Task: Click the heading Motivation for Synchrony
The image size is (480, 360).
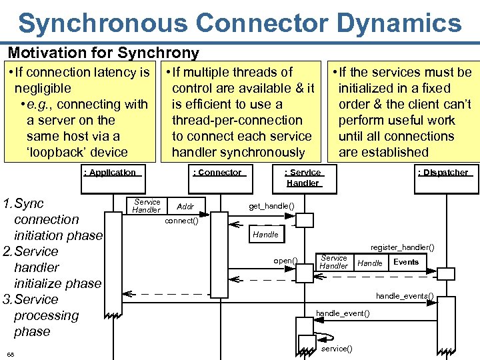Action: coord(103,53)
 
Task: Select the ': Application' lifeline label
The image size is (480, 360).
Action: coord(109,173)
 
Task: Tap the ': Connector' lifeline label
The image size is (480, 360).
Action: coord(217,173)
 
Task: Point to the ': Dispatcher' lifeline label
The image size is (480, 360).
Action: coord(443,173)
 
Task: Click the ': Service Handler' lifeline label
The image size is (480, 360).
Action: coord(303,177)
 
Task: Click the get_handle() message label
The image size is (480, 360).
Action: coord(271,206)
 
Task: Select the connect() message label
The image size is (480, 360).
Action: coord(181,221)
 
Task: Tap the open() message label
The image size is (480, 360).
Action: coord(285,260)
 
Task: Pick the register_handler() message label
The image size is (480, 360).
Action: coord(402,247)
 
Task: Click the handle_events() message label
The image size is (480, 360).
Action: coord(405,295)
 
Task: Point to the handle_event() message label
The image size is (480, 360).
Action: coord(343,313)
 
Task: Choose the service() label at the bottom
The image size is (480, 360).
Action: coord(337,349)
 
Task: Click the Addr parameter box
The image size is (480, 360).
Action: coord(185,207)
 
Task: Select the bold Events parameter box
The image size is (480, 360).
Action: coord(406,262)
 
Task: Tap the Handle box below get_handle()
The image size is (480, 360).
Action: coord(265,235)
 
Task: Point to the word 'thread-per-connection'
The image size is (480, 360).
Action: coord(237,120)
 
